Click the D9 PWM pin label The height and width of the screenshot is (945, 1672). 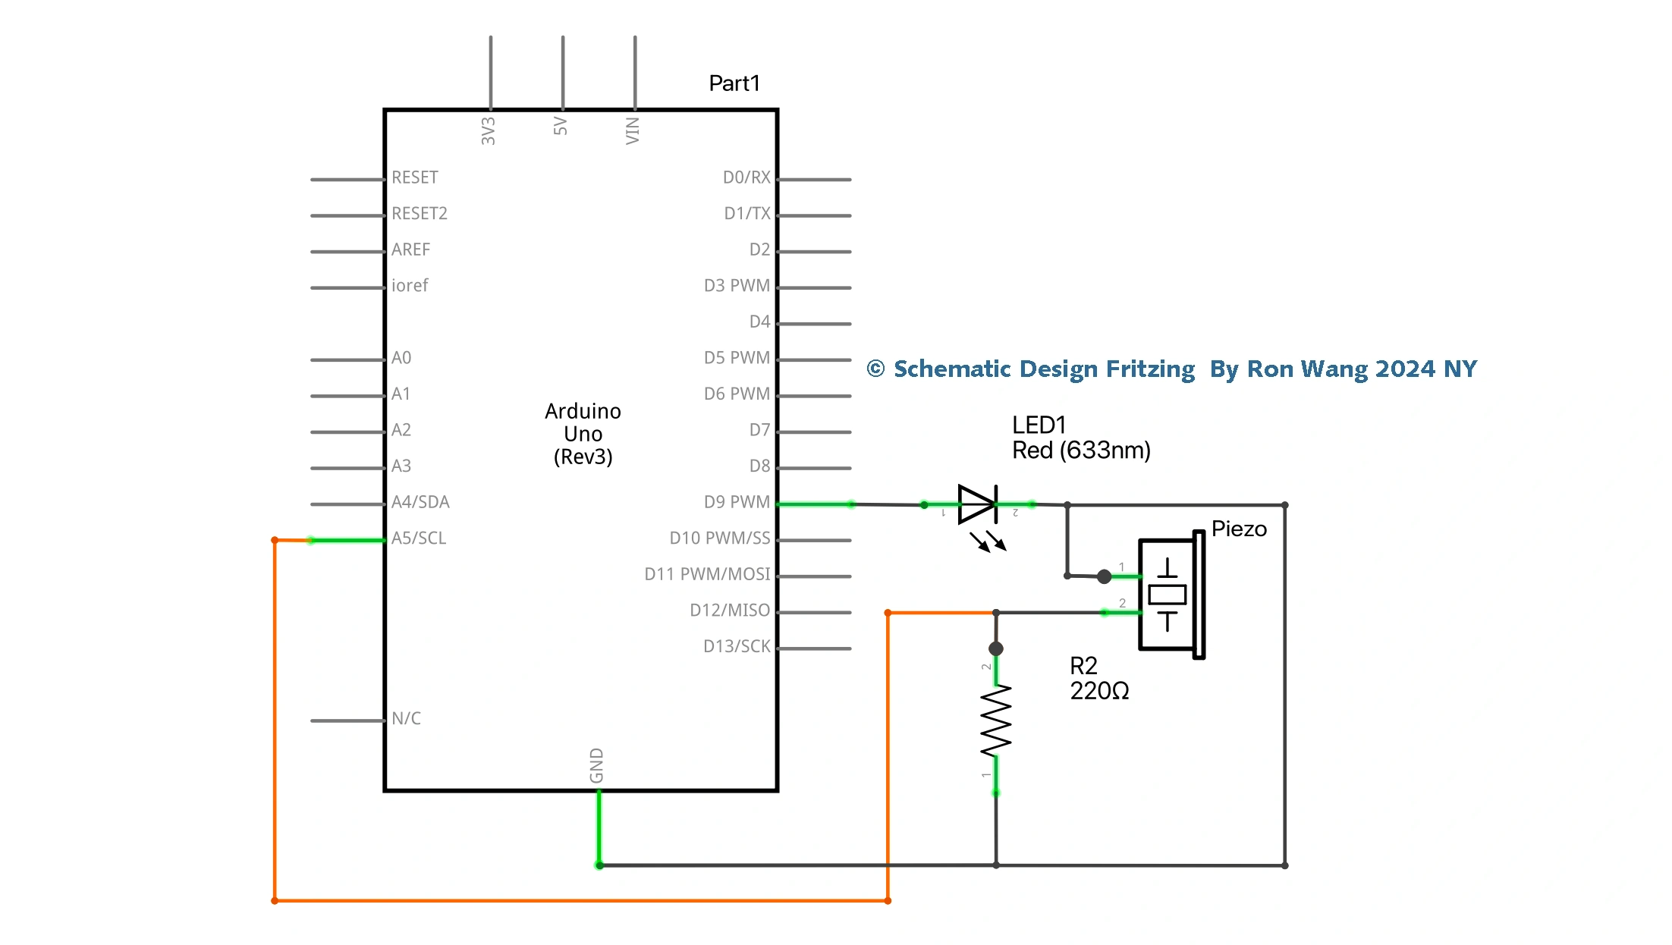736,502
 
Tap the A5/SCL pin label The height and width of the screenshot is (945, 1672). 419,538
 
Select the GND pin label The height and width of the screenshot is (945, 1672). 597,765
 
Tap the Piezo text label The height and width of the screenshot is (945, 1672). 1239,529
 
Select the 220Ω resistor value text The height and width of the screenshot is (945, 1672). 1099,691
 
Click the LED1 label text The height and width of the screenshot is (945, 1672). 1039,425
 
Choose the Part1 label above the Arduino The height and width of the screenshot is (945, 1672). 734,83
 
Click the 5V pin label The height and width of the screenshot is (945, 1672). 561,126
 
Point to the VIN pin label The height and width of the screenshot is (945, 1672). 633,130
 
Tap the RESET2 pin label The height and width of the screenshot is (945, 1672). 420,214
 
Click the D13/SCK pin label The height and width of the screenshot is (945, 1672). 736,646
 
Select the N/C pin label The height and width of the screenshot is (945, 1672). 406,718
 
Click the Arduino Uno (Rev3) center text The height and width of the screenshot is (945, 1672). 583,434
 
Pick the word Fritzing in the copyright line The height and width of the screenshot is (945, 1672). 1150,369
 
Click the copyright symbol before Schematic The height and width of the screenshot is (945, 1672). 875,369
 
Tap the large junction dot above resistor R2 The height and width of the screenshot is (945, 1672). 996,648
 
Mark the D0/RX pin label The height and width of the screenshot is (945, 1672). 746,177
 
